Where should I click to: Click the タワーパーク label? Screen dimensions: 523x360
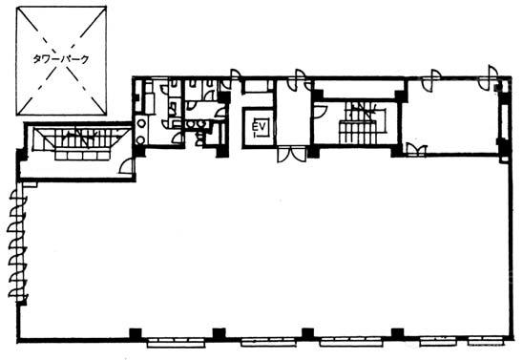(61, 59)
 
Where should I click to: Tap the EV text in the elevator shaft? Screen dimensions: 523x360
(259, 127)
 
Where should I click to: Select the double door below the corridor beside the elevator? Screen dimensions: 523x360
(291, 154)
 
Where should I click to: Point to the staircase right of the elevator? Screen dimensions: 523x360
(363, 123)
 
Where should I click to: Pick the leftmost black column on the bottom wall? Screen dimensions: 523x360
(136, 333)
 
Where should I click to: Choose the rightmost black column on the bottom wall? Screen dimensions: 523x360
(398, 333)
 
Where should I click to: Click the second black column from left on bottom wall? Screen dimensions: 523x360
(220, 333)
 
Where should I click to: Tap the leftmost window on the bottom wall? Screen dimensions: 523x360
(177, 343)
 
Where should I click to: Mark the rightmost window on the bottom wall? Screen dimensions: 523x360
(486, 341)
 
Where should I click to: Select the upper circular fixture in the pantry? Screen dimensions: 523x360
(141, 123)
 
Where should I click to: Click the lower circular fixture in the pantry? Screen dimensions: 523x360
(141, 139)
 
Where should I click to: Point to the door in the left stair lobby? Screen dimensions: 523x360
(127, 166)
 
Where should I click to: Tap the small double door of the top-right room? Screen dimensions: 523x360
(417, 150)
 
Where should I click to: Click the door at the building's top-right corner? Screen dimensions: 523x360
(490, 77)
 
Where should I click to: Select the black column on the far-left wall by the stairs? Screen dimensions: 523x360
(22, 156)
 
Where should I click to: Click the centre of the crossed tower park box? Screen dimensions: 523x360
(61, 61)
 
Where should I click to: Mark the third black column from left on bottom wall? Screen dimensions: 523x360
(308, 333)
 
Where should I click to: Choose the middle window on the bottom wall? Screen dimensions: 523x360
(268, 342)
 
